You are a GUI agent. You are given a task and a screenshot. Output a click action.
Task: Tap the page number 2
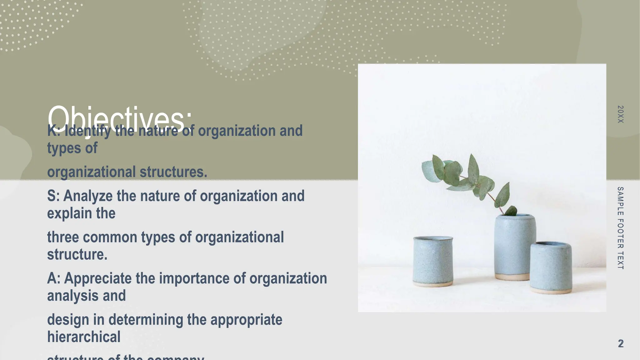click(621, 343)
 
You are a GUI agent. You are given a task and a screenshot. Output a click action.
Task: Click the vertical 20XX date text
click(621, 114)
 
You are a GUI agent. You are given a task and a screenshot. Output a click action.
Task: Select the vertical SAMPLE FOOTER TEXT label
click(621, 228)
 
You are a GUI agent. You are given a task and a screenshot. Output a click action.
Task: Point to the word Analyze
click(88, 196)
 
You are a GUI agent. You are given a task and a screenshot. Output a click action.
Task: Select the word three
click(63, 237)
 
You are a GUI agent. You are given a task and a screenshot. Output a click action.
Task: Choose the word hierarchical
click(84, 337)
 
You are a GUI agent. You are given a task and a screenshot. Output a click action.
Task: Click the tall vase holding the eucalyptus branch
click(514, 247)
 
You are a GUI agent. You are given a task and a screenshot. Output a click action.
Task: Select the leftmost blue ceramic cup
click(433, 261)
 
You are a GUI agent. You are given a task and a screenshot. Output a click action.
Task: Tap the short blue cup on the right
click(551, 267)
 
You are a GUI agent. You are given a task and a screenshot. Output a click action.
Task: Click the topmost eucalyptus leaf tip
click(472, 155)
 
